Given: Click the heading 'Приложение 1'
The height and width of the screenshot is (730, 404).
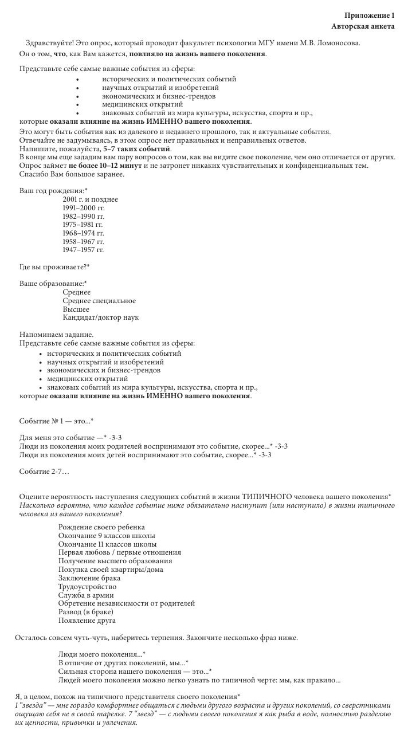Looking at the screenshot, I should [x=370, y=15].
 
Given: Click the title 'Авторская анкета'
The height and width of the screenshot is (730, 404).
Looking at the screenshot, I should [x=363, y=26].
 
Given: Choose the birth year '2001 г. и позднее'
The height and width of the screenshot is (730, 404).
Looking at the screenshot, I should [x=90, y=199].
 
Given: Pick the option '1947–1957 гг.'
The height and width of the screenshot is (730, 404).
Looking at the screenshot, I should [x=83, y=250].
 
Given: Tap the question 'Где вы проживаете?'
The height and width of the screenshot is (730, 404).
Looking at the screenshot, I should [x=54, y=267].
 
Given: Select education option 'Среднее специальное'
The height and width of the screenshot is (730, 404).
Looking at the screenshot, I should [x=99, y=301].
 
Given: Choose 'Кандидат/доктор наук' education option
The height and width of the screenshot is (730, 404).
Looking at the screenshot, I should [x=101, y=317].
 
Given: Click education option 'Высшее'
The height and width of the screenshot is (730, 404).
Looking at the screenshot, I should [x=76, y=309].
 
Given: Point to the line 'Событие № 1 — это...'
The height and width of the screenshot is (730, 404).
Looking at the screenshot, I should [x=56, y=421].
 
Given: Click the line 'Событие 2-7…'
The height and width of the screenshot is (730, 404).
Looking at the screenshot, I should [x=44, y=472].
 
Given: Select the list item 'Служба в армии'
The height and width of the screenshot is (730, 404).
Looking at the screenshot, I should [x=86, y=595].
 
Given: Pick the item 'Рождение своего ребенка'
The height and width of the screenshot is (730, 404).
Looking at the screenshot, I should [x=101, y=527].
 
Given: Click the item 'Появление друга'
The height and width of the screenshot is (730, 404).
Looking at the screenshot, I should [x=87, y=620].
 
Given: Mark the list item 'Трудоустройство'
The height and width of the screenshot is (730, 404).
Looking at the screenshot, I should [x=87, y=587].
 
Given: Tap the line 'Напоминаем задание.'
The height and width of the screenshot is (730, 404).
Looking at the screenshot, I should [x=57, y=335].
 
